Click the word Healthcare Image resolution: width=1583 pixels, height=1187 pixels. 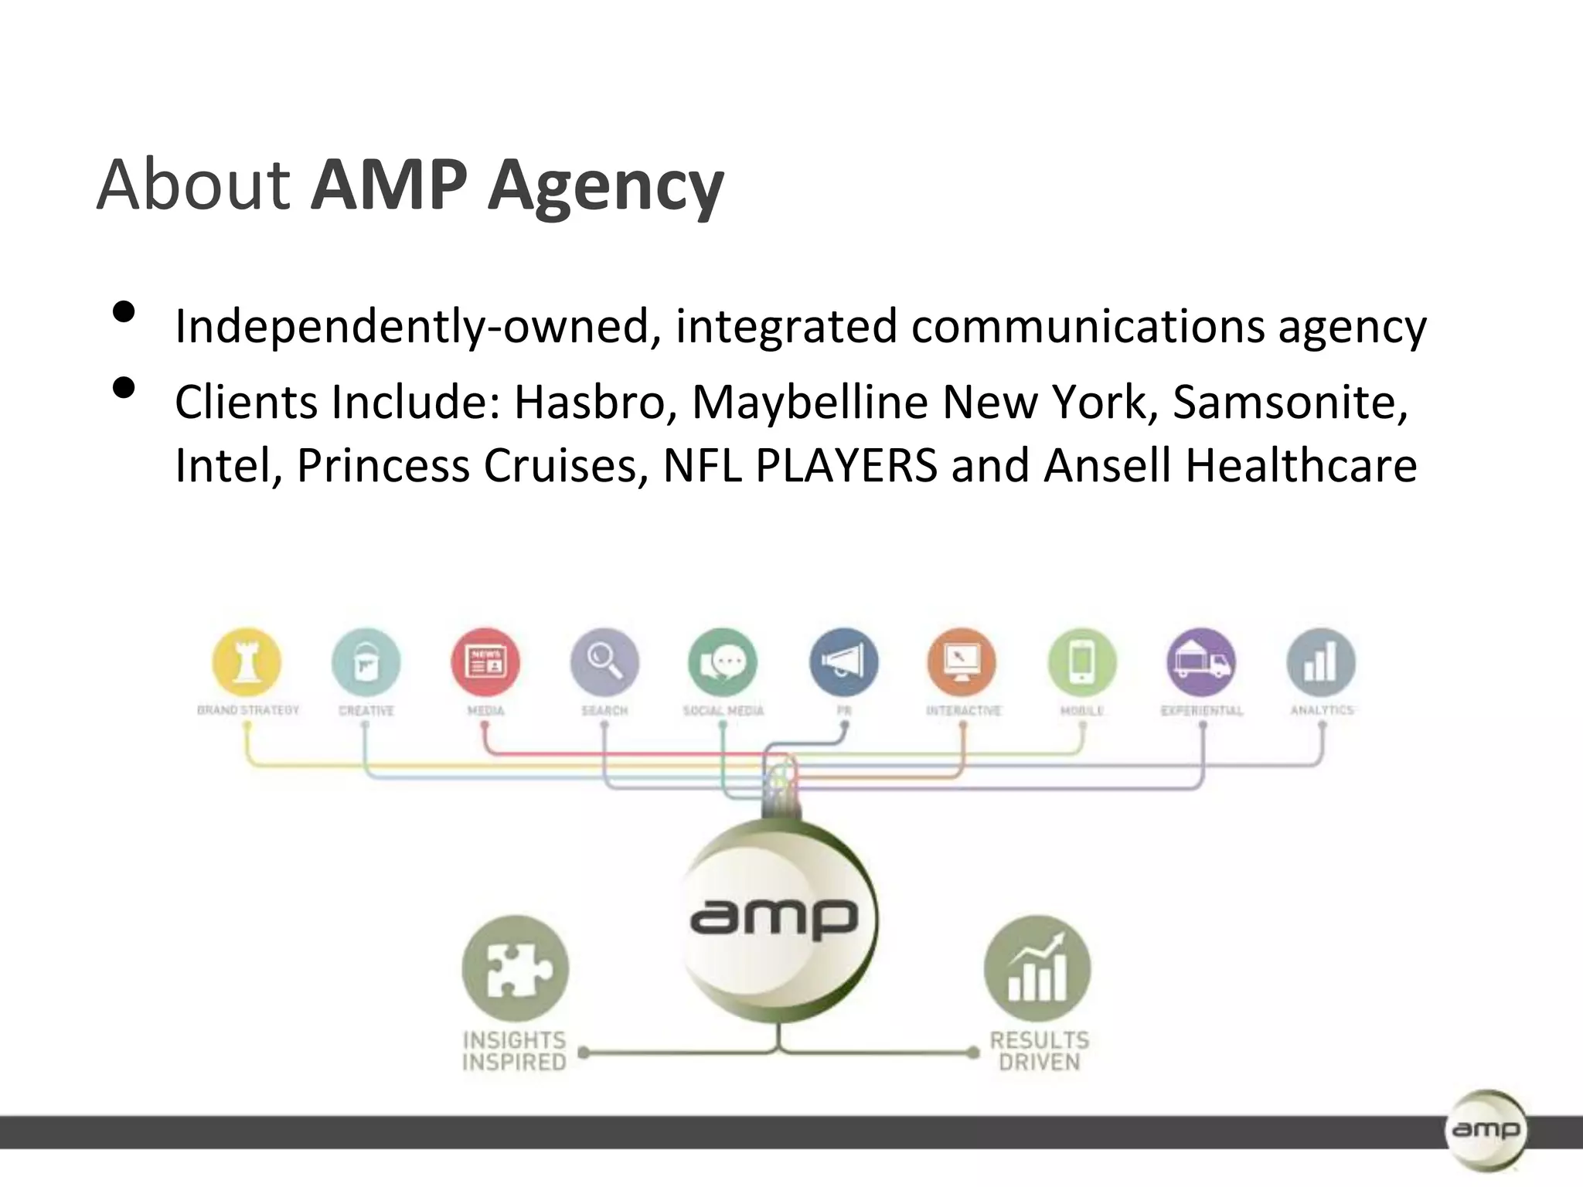[x=1301, y=465]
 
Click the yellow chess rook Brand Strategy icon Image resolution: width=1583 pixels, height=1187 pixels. [x=247, y=662]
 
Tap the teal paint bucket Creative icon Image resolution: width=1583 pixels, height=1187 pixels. [x=366, y=662]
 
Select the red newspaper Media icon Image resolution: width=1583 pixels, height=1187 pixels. [x=485, y=662]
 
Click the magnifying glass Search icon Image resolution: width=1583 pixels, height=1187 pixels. [x=604, y=662]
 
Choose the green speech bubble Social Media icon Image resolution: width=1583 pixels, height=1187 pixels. [x=723, y=662]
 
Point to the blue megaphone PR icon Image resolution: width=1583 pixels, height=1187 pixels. [x=843, y=662]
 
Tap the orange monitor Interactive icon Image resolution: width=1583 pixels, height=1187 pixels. [x=962, y=662]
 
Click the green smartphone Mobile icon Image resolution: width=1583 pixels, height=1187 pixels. [x=1082, y=662]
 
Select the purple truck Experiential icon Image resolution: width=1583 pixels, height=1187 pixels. [x=1201, y=662]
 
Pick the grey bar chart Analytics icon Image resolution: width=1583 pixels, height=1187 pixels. [x=1321, y=662]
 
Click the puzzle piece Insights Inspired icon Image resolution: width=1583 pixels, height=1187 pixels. [x=515, y=968]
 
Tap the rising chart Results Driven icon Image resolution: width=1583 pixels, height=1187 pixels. [x=1037, y=968]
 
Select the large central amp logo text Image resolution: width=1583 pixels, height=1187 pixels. [x=774, y=919]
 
